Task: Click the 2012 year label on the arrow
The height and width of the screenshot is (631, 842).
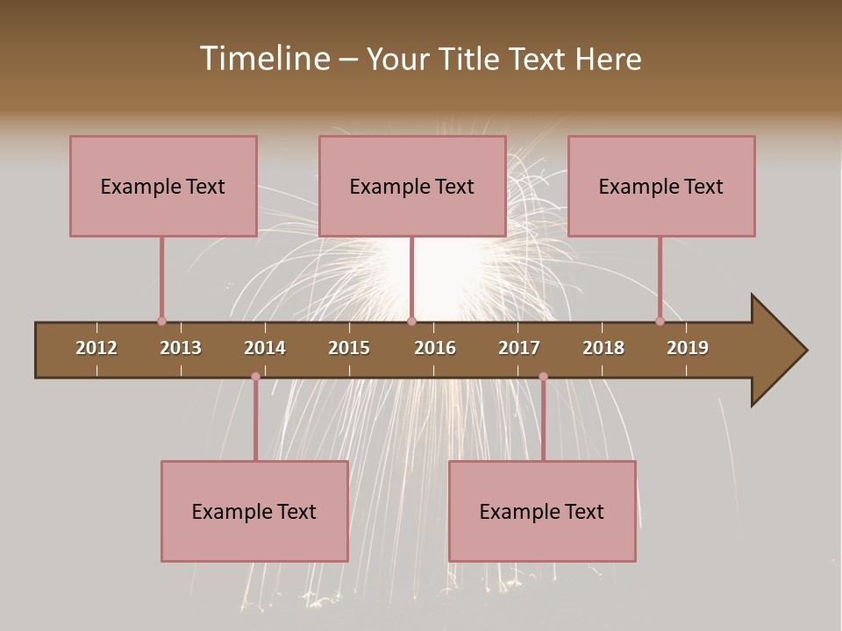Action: click(x=96, y=348)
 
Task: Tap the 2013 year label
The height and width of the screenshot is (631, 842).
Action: click(x=181, y=348)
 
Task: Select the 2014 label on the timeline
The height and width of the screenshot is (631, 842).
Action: click(x=265, y=348)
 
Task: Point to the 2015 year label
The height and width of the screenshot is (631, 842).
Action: click(x=349, y=348)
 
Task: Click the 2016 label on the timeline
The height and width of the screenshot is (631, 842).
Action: click(x=435, y=348)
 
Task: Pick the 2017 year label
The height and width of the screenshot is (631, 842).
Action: click(x=519, y=348)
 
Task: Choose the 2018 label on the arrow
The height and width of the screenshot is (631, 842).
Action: click(x=603, y=348)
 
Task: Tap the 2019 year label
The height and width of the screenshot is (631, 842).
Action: click(x=688, y=348)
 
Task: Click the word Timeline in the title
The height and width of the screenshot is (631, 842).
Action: click(x=264, y=59)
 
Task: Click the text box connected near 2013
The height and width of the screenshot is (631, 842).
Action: click(x=163, y=186)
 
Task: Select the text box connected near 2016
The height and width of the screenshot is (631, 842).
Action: click(x=412, y=186)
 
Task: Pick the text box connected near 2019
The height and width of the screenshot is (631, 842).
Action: click(x=661, y=186)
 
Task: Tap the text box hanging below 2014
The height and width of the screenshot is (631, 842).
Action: click(x=254, y=511)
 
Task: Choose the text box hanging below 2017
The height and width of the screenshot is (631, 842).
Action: click(x=542, y=511)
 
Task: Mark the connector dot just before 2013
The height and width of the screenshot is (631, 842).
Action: click(x=161, y=321)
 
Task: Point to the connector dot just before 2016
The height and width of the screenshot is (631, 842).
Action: click(x=411, y=321)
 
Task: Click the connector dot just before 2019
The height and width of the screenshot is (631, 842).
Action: click(x=660, y=321)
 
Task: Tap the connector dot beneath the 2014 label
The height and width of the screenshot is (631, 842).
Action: click(x=255, y=376)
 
